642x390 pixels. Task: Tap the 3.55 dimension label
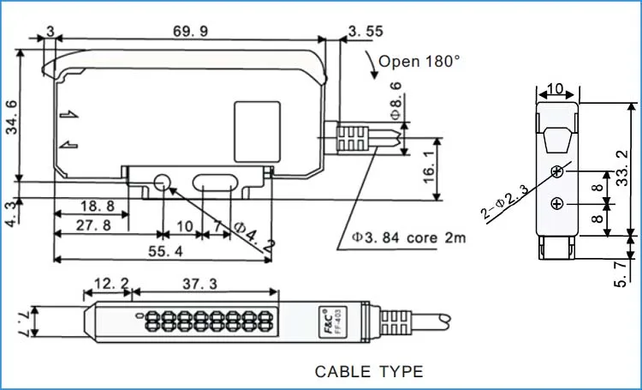click(366, 32)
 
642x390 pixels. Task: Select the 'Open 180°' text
click(419, 61)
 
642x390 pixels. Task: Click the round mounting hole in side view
click(160, 182)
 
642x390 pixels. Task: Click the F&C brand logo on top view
click(325, 315)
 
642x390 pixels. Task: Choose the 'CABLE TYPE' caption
click(369, 371)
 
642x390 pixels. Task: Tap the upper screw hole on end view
click(557, 171)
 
